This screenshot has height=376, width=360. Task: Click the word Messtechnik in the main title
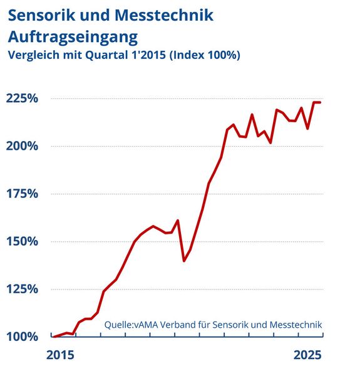click(170, 14)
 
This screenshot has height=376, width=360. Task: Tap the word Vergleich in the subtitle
click(33, 55)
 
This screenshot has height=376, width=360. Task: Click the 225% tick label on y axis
click(23, 99)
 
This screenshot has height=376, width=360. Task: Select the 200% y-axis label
click(23, 147)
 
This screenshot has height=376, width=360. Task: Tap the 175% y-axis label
click(23, 194)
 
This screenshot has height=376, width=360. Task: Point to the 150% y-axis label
click(23, 242)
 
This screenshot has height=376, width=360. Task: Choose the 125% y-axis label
click(23, 290)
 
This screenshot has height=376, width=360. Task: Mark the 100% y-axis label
click(23, 337)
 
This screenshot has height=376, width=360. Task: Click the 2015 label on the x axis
click(61, 355)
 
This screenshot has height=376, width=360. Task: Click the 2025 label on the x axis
click(307, 355)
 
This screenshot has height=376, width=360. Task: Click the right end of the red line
click(321, 102)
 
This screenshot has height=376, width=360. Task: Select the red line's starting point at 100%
click(53, 337)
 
